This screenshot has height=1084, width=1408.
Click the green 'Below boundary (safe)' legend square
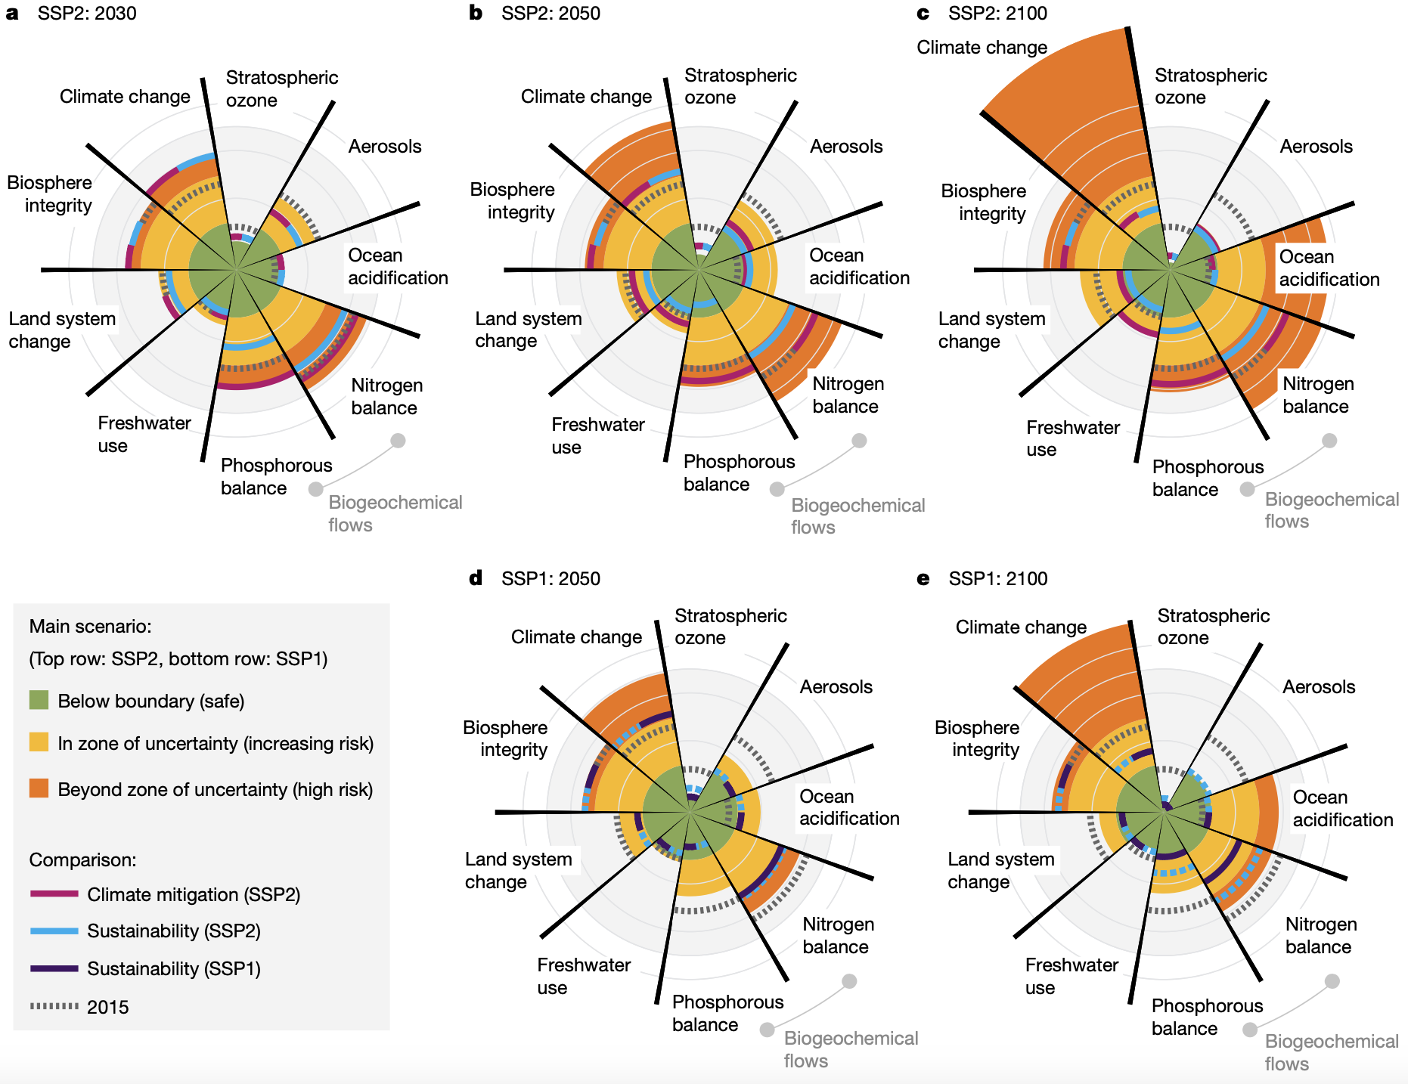[x=39, y=700]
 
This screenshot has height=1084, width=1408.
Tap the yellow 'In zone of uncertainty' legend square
[x=39, y=742]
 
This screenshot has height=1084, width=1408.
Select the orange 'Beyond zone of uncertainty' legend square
[x=39, y=788]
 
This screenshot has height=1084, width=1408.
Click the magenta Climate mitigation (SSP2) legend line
[x=54, y=894]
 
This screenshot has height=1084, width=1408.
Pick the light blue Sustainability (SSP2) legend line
[x=54, y=931]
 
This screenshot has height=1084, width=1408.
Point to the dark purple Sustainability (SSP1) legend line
[x=54, y=968]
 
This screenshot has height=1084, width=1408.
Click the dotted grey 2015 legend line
[x=54, y=1006]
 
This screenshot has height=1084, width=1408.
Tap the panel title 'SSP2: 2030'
[x=87, y=14]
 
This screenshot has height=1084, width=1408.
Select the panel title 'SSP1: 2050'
[x=550, y=579]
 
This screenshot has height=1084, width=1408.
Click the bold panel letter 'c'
[x=923, y=14]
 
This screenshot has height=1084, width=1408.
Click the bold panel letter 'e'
[x=923, y=579]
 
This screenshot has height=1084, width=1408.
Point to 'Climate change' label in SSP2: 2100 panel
[x=982, y=48]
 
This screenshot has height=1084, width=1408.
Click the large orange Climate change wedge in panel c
[x=1074, y=106]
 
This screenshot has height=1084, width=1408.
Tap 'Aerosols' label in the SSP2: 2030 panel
[x=385, y=147]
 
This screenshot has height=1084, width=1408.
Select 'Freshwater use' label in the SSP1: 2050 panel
[x=584, y=976]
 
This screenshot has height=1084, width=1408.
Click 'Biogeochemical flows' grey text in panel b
[x=858, y=516]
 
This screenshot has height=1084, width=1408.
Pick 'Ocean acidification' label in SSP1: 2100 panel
[x=1342, y=808]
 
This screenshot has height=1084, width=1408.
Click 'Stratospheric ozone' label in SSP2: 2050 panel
[x=740, y=86]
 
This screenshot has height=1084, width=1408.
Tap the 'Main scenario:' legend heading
[x=90, y=627]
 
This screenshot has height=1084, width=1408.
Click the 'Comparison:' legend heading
[x=82, y=860]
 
